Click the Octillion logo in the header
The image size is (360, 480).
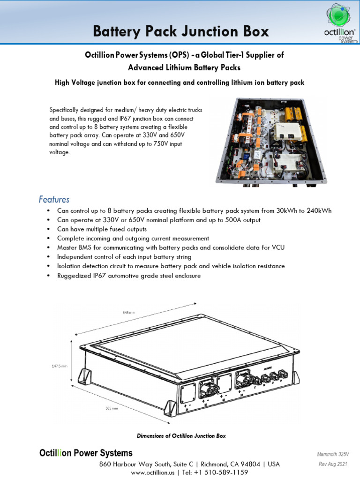click(336, 23)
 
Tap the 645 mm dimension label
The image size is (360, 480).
click(128, 312)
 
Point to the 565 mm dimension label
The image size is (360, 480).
click(112, 408)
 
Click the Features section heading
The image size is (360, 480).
click(54, 199)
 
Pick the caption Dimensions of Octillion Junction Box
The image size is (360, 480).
click(181, 436)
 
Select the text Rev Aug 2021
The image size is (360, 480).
click(333, 464)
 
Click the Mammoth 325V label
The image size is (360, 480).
click(333, 454)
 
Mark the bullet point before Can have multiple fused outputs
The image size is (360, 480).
click(48, 229)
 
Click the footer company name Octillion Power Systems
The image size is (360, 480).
click(85, 453)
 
